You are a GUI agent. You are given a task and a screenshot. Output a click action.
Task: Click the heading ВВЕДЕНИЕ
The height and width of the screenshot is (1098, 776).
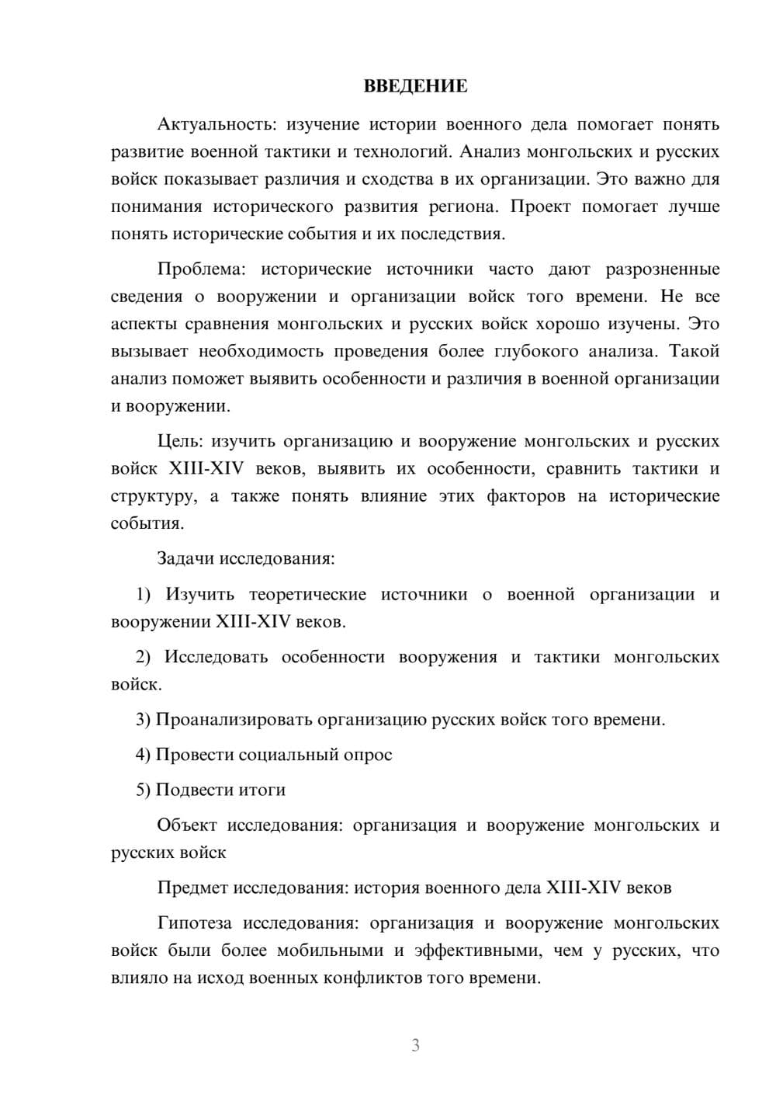click(x=415, y=86)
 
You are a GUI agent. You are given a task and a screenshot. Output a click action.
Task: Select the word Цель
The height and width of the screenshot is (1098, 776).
click(x=179, y=442)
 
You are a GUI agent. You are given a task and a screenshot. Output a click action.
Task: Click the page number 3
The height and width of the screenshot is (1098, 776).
click(x=415, y=1045)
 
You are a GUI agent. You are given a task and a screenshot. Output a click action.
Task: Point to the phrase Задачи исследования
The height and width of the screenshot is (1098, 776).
click(x=245, y=558)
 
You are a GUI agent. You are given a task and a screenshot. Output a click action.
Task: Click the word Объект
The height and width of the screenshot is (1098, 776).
click(x=186, y=825)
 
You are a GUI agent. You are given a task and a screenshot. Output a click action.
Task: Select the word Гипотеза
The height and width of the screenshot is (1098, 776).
click(x=194, y=923)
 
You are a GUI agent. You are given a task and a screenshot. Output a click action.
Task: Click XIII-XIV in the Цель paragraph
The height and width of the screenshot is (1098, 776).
click(x=206, y=469)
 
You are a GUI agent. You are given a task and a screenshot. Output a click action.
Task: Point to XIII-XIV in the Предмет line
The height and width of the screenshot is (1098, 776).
click(x=584, y=888)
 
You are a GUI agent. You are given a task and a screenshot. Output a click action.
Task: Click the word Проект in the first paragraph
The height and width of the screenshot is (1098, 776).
click(x=539, y=207)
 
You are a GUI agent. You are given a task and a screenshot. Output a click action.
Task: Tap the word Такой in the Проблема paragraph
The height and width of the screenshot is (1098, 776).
click(x=695, y=351)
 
